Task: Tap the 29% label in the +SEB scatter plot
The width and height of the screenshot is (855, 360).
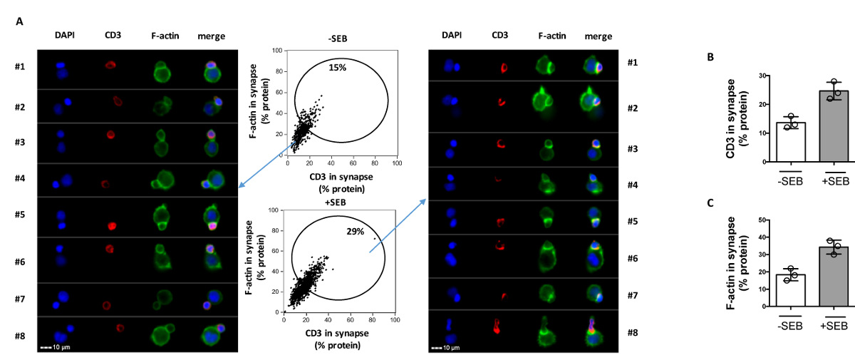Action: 355,232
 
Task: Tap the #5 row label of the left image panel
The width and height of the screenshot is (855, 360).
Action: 19,211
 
